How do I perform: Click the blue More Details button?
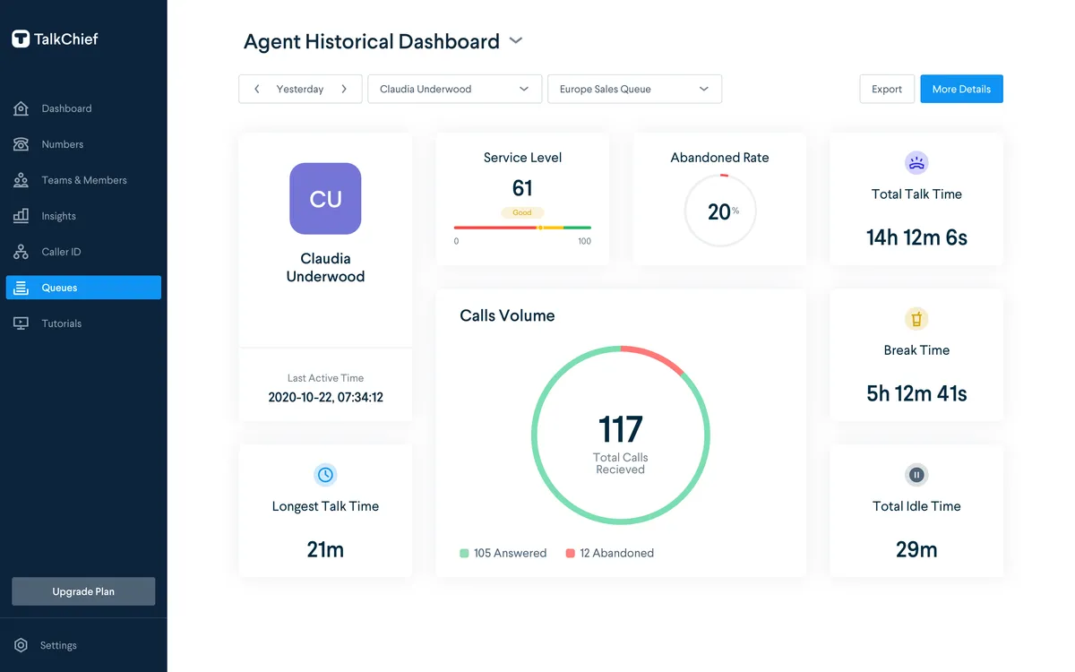point(960,89)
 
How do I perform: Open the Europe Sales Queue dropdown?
point(634,89)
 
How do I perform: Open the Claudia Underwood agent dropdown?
point(454,89)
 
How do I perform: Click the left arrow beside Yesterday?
point(257,89)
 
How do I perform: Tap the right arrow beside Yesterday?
point(344,89)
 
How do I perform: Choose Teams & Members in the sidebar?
point(70,180)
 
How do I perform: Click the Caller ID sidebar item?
point(47,252)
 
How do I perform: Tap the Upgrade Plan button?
point(83,590)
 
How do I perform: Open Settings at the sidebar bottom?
point(46,645)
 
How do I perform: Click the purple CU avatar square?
point(325,199)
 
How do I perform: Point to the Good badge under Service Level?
point(522,212)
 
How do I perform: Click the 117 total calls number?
point(620,429)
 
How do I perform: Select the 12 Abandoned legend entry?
point(609,553)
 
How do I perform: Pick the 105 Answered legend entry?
point(503,553)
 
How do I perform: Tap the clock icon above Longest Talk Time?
point(325,475)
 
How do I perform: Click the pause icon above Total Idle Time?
point(916,475)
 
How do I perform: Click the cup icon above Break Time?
point(916,319)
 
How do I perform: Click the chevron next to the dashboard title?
point(516,41)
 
